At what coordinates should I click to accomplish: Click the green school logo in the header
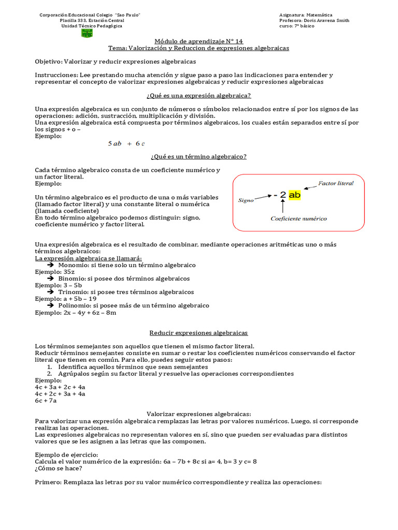tap(87, 33)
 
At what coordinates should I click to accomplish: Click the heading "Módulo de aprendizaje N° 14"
tap(199, 41)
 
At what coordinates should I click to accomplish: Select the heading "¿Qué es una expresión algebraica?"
tap(199, 96)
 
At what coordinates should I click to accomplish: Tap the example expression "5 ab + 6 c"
tap(126, 144)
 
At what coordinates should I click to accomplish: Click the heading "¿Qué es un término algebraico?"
tap(198, 156)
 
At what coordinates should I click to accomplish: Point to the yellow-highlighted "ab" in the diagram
tap(294, 195)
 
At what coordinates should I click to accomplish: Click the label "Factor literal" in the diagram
tap(336, 183)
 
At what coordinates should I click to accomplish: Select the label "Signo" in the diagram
tap(246, 200)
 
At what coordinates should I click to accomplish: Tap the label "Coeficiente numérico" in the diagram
tap(298, 218)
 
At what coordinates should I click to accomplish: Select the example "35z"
tap(69, 272)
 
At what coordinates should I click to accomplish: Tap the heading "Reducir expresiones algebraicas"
tap(198, 333)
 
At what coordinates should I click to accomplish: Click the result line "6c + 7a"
tap(46, 401)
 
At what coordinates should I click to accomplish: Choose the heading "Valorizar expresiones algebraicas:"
tap(198, 414)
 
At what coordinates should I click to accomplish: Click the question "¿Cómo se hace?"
tap(58, 468)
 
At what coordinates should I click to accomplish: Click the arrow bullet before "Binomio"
tap(51, 278)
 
